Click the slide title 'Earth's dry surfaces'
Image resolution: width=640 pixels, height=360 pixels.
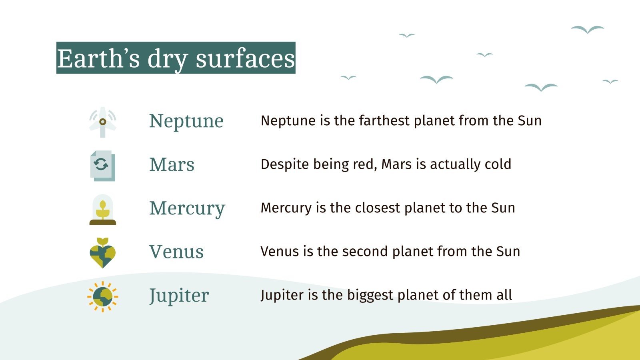pos(176,58)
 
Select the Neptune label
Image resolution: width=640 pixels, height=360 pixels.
pos(186,121)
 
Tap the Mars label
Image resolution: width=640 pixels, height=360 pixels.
pos(172,164)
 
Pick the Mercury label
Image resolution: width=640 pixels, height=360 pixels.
pos(187,208)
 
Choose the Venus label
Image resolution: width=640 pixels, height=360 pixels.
pos(176,252)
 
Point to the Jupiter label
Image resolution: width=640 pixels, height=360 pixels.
pos(179,296)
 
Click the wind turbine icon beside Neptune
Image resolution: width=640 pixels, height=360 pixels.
pos(102,122)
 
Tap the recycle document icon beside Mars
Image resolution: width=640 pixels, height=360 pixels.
pos(102,166)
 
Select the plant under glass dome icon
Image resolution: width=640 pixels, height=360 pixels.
pos(102,210)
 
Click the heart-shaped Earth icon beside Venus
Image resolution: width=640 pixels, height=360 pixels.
pos(102,253)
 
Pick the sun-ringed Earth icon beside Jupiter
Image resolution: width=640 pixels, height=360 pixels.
pos(102,296)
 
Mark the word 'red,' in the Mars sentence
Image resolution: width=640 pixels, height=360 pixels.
pos(365,164)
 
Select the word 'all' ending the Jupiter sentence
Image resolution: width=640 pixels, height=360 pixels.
pos(504,295)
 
